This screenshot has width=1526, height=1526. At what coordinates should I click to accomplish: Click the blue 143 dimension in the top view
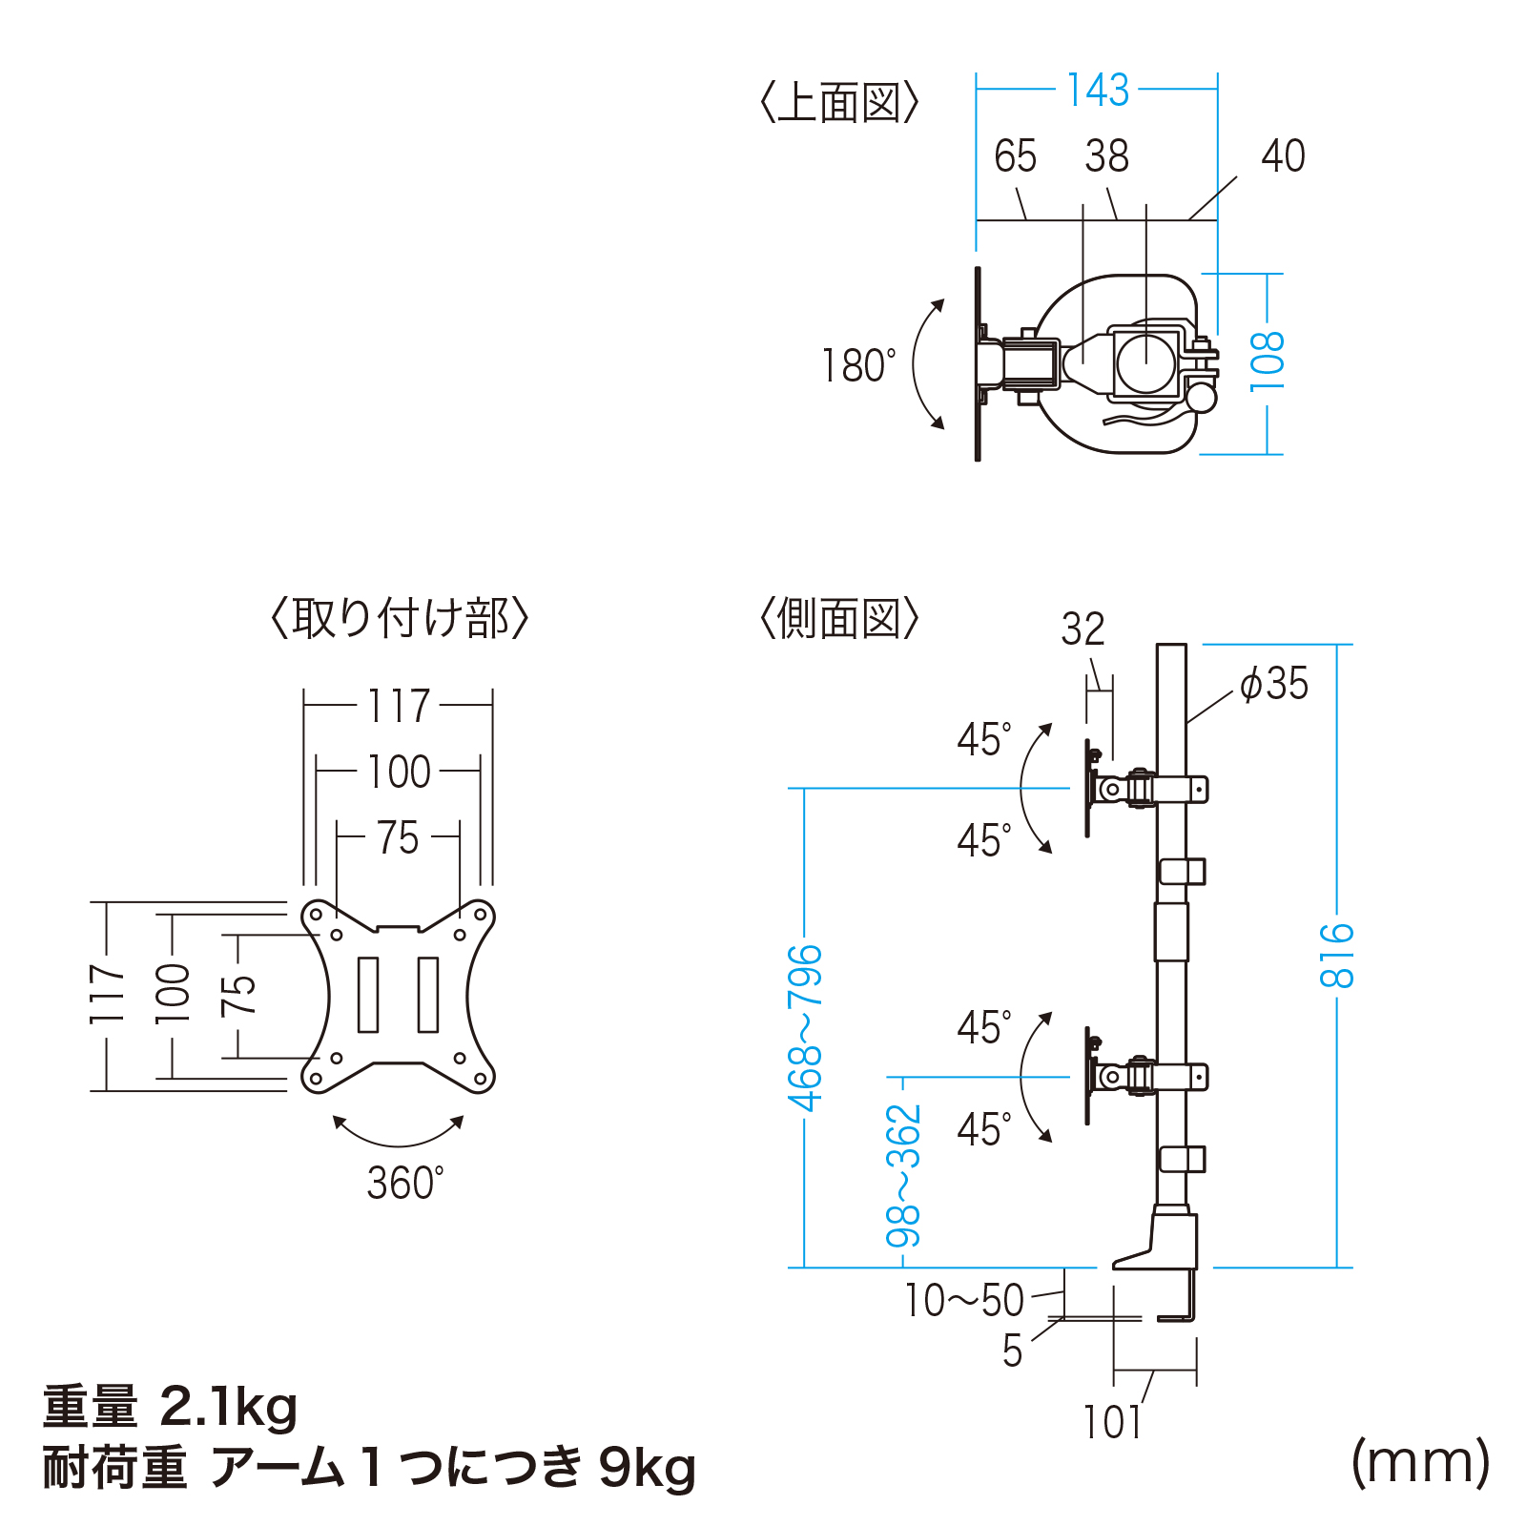[1097, 91]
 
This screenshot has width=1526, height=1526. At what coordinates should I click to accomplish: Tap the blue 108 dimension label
[1268, 361]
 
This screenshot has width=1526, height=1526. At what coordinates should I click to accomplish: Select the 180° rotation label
[858, 366]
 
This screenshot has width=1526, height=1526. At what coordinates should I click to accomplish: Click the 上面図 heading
[839, 103]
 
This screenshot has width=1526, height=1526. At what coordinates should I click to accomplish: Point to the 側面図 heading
[839, 619]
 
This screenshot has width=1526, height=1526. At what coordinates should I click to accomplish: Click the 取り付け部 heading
[400, 619]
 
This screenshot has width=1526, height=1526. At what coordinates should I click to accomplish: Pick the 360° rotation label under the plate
[404, 1184]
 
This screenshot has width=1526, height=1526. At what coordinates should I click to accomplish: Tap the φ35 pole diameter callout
[1274, 684]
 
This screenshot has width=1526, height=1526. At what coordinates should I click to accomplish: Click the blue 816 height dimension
[1337, 955]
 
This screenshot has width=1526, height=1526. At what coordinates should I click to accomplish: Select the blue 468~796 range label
[805, 1028]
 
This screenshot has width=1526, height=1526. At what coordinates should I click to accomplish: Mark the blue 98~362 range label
[903, 1175]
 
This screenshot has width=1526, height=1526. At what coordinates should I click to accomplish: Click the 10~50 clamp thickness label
[963, 1300]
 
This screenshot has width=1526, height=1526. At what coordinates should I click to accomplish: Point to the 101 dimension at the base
[1112, 1422]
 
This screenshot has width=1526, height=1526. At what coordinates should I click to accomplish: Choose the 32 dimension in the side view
[1083, 629]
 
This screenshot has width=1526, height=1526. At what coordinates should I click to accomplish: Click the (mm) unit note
[1420, 1461]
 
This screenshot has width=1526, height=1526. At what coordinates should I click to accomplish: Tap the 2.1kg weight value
[229, 1408]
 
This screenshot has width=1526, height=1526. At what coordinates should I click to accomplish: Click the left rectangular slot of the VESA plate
[368, 995]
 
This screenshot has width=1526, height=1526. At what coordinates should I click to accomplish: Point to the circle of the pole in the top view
[1146, 361]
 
